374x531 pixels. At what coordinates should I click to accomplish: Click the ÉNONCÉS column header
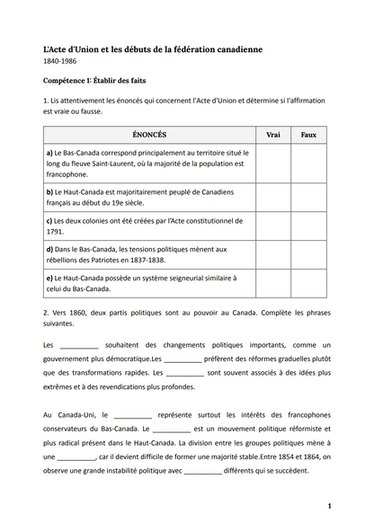click(148, 134)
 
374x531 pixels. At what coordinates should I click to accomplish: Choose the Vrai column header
click(273, 134)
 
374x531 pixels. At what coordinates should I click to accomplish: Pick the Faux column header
click(308, 134)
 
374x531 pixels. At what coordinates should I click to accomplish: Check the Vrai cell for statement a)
click(273, 164)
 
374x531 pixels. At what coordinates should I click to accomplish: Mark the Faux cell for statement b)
click(308, 197)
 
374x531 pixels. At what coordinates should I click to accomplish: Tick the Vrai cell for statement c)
click(273, 226)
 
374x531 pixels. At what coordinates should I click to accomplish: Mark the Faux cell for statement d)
click(308, 254)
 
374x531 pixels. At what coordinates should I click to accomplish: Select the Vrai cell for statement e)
click(273, 283)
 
